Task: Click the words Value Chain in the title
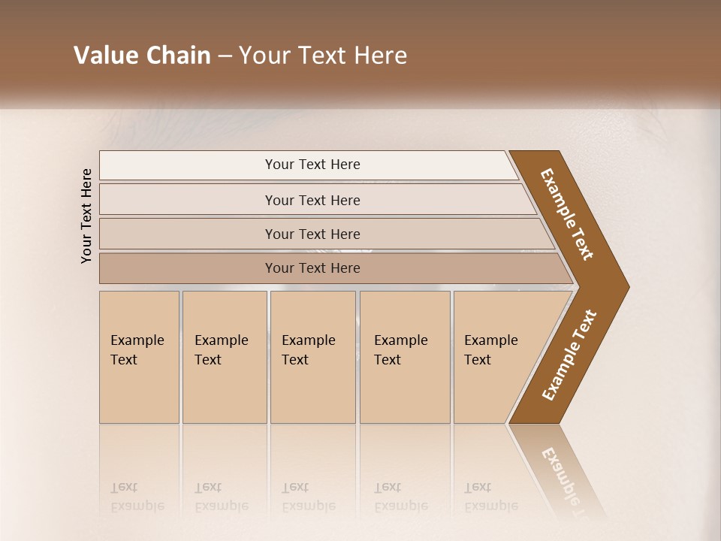coord(142,56)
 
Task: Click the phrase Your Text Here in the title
coord(323,56)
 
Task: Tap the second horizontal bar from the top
coord(312,200)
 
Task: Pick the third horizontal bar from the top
coord(312,234)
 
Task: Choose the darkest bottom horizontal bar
coord(312,268)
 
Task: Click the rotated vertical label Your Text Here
coord(86,216)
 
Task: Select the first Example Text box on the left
coord(139,357)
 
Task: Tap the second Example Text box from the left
coord(224,357)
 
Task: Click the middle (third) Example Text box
coord(312,357)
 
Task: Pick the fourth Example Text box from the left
coord(405,357)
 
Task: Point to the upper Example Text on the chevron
coord(567,214)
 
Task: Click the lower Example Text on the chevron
coord(569,355)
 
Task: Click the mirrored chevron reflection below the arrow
coord(560,470)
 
